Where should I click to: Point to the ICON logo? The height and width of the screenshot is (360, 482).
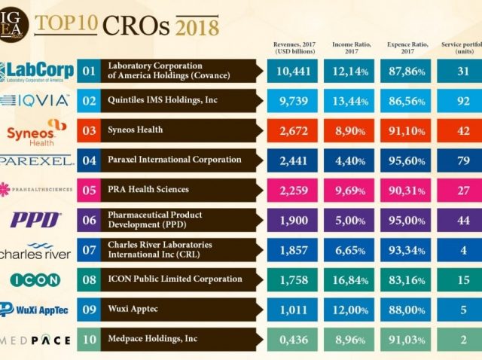pos(36,280)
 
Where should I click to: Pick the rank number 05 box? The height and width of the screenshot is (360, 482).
pos(89,190)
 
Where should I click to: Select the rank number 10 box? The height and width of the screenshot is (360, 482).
pos(89,340)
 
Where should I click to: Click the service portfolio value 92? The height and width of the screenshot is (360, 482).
pos(462,100)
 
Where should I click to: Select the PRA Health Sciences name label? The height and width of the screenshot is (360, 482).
pos(148,190)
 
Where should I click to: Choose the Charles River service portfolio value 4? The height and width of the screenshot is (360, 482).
pos(462,250)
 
